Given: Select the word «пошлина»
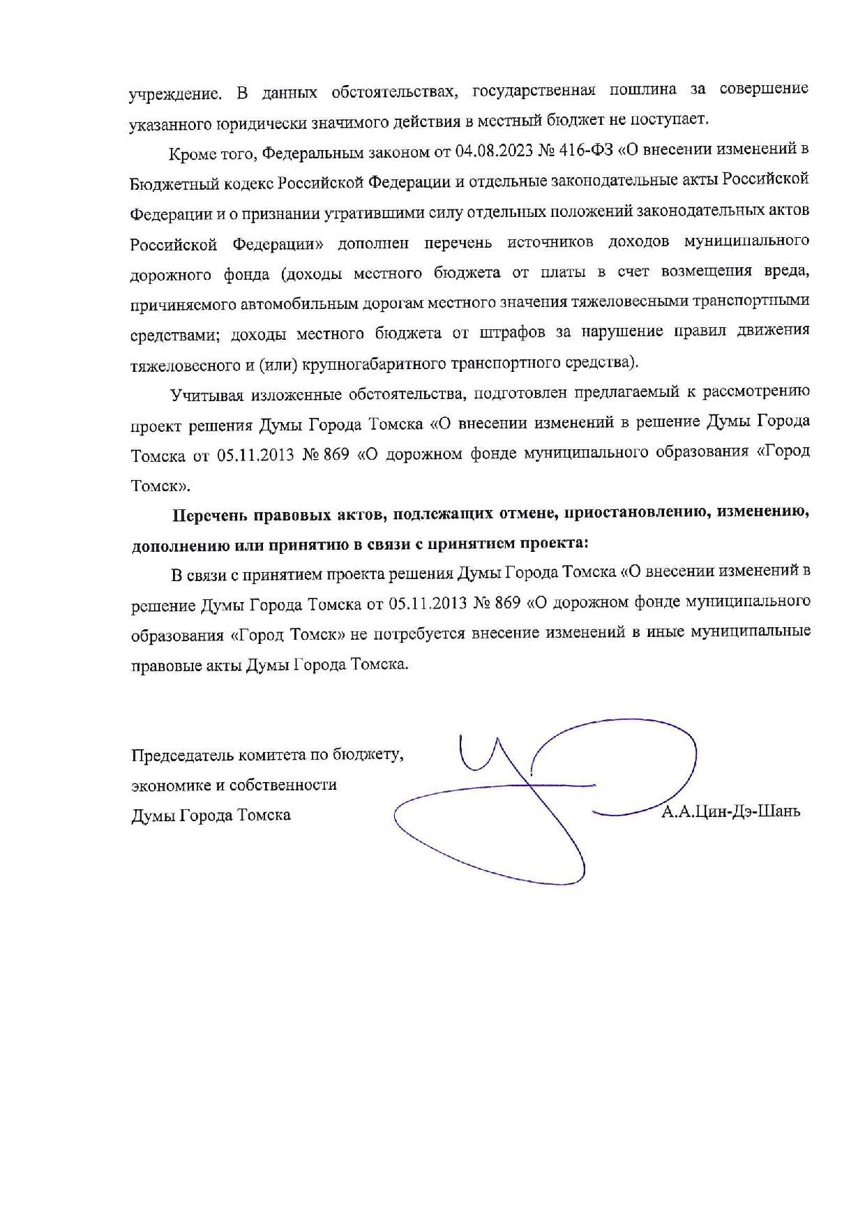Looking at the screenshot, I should (642, 90).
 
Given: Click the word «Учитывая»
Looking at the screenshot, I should (206, 396).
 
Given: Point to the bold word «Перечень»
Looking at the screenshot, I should (210, 516).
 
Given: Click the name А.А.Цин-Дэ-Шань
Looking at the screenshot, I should (730, 811).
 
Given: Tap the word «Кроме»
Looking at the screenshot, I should (192, 153).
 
